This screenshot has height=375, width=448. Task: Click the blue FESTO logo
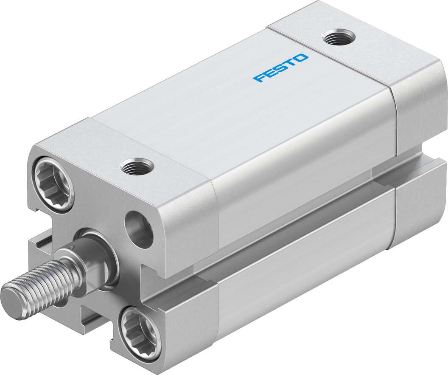pyautogui.click(x=281, y=68)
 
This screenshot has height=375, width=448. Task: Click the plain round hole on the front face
pyautogui.click(x=140, y=229)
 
